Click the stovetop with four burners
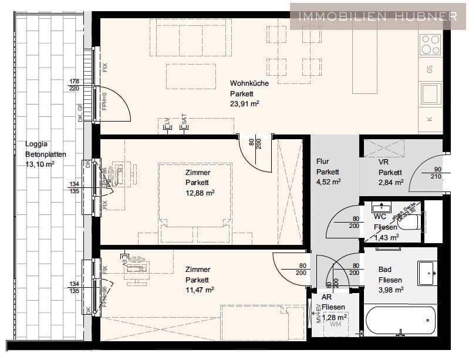click(x=430, y=45)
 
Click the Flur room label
click(x=323, y=162)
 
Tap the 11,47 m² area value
click(x=200, y=290)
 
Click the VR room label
click(x=384, y=162)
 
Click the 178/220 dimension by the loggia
click(x=74, y=85)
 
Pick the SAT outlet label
click(x=184, y=122)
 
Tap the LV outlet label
click(x=167, y=122)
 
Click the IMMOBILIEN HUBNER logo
click(x=378, y=16)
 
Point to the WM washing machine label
click(x=336, y=324)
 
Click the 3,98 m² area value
click(x=390, y=290)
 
